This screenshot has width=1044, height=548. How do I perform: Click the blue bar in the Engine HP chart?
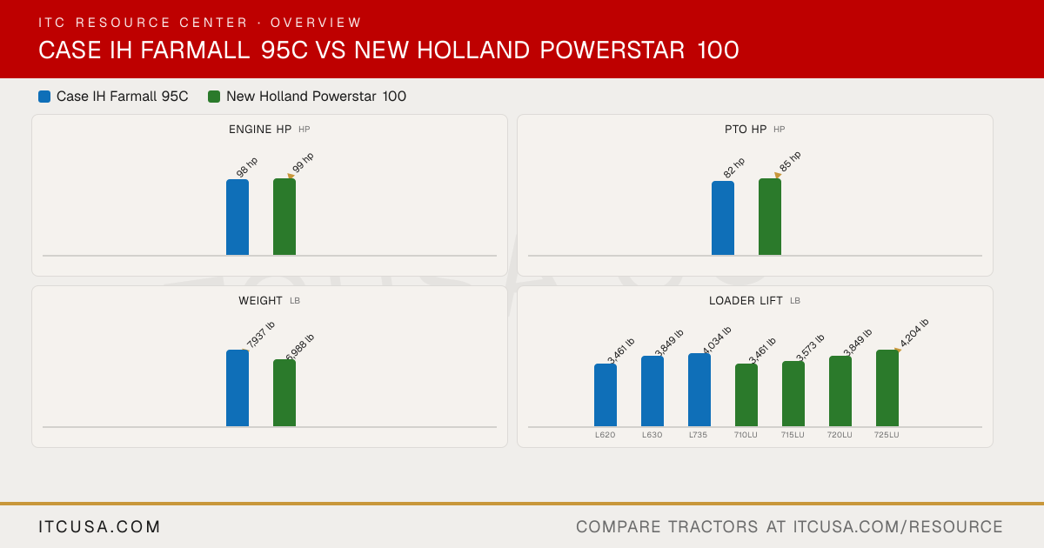(x=238, y=217)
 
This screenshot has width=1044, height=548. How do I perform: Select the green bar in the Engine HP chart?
(x=284, y=217)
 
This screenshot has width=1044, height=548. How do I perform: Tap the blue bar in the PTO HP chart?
(x=723, y=218)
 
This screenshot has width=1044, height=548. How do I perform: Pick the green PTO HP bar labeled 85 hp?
(x=770, y=217)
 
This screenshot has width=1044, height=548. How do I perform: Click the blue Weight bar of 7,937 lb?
(x=238, y=388)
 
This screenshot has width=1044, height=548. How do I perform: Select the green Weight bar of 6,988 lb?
(x=284, y=393)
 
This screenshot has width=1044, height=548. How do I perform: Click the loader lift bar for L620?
(x=606, y=395)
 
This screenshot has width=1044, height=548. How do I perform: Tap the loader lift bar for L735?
(x=699, y=390)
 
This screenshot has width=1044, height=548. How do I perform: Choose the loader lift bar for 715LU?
(x=793, y=394)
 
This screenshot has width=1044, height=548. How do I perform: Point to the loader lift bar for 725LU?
(x=887, y=388)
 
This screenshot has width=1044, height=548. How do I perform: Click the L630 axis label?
(x=652, y=435)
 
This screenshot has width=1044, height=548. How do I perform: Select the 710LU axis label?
(x=746, y=435)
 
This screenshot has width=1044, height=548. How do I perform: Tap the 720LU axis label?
(x=840, y=435)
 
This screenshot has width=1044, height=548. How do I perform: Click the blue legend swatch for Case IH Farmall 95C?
(x=44, y=97)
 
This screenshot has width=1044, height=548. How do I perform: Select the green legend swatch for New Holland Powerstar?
(x=214, y=97)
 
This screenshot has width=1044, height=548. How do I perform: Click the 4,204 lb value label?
(x=914, y=332)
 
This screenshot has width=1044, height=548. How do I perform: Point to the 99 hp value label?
(x=303, y=164)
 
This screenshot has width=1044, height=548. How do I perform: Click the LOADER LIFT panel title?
(x=746, y=301)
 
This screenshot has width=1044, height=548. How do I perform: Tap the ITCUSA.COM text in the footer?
(x=99, y=526)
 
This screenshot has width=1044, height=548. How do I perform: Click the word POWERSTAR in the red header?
(x=612, y=50)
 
